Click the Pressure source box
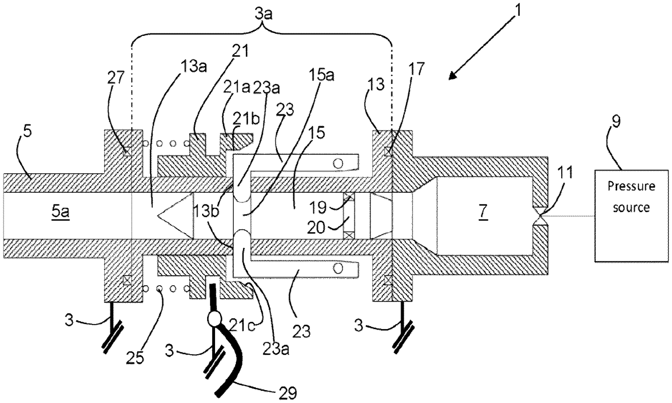[x=632, y=216]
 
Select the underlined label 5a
[x=60, y=212]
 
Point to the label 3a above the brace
[x=264, y=15]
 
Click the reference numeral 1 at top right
[x=516, y=10]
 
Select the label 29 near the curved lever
[x=287, y=392]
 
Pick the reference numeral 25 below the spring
[x=136, y=358]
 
